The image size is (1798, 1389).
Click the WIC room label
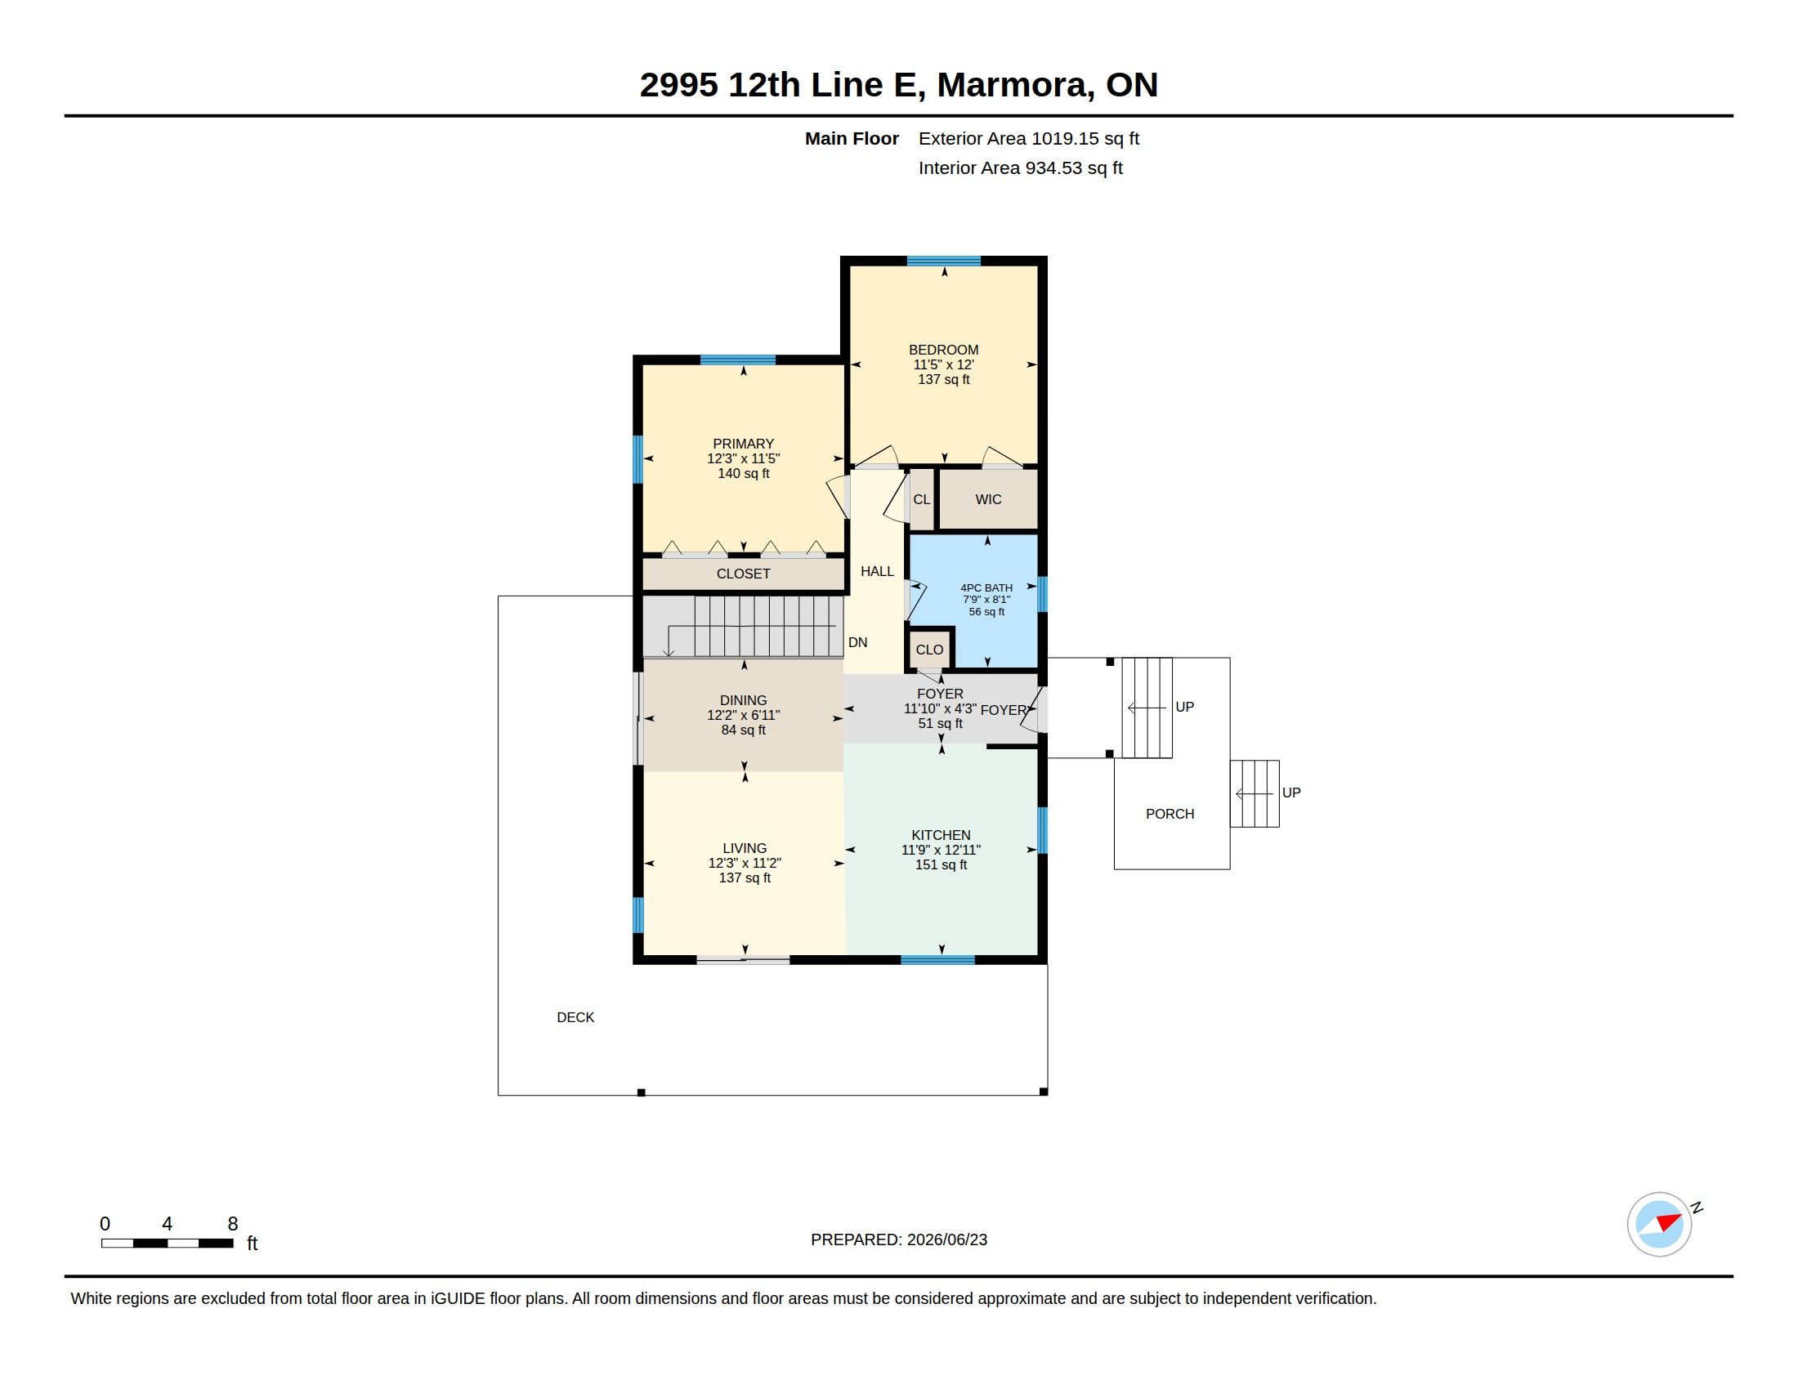pos(988,499)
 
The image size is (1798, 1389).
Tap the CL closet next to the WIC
pos(921,499)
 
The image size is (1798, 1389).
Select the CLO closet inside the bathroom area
pos(929,650)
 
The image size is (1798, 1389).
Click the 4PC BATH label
pos(986,587)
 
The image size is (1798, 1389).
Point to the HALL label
pos(877,571)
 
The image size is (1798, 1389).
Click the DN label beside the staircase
pos(858,643)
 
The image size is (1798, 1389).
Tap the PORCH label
pos(1170,814)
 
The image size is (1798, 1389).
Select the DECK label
pos(575,1017)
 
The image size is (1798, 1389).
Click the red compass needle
pos(1669,1222)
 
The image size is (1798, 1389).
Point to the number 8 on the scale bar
pos(233,1224)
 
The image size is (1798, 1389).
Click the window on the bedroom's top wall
pos(943,261)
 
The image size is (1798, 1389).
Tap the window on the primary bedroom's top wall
pos(738,360)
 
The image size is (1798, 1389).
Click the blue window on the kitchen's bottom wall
pos(937,959)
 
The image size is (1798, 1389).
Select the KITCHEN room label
pos(941,835)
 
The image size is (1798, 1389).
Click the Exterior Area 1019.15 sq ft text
pos(1029,138)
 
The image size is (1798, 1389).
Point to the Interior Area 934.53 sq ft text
pos(1021,167)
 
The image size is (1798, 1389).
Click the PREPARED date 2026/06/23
pos(946,1239)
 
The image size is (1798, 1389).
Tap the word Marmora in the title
pos(1016,85)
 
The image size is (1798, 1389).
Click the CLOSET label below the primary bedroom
pos(744,574)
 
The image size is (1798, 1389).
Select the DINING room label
pos(744,700)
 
